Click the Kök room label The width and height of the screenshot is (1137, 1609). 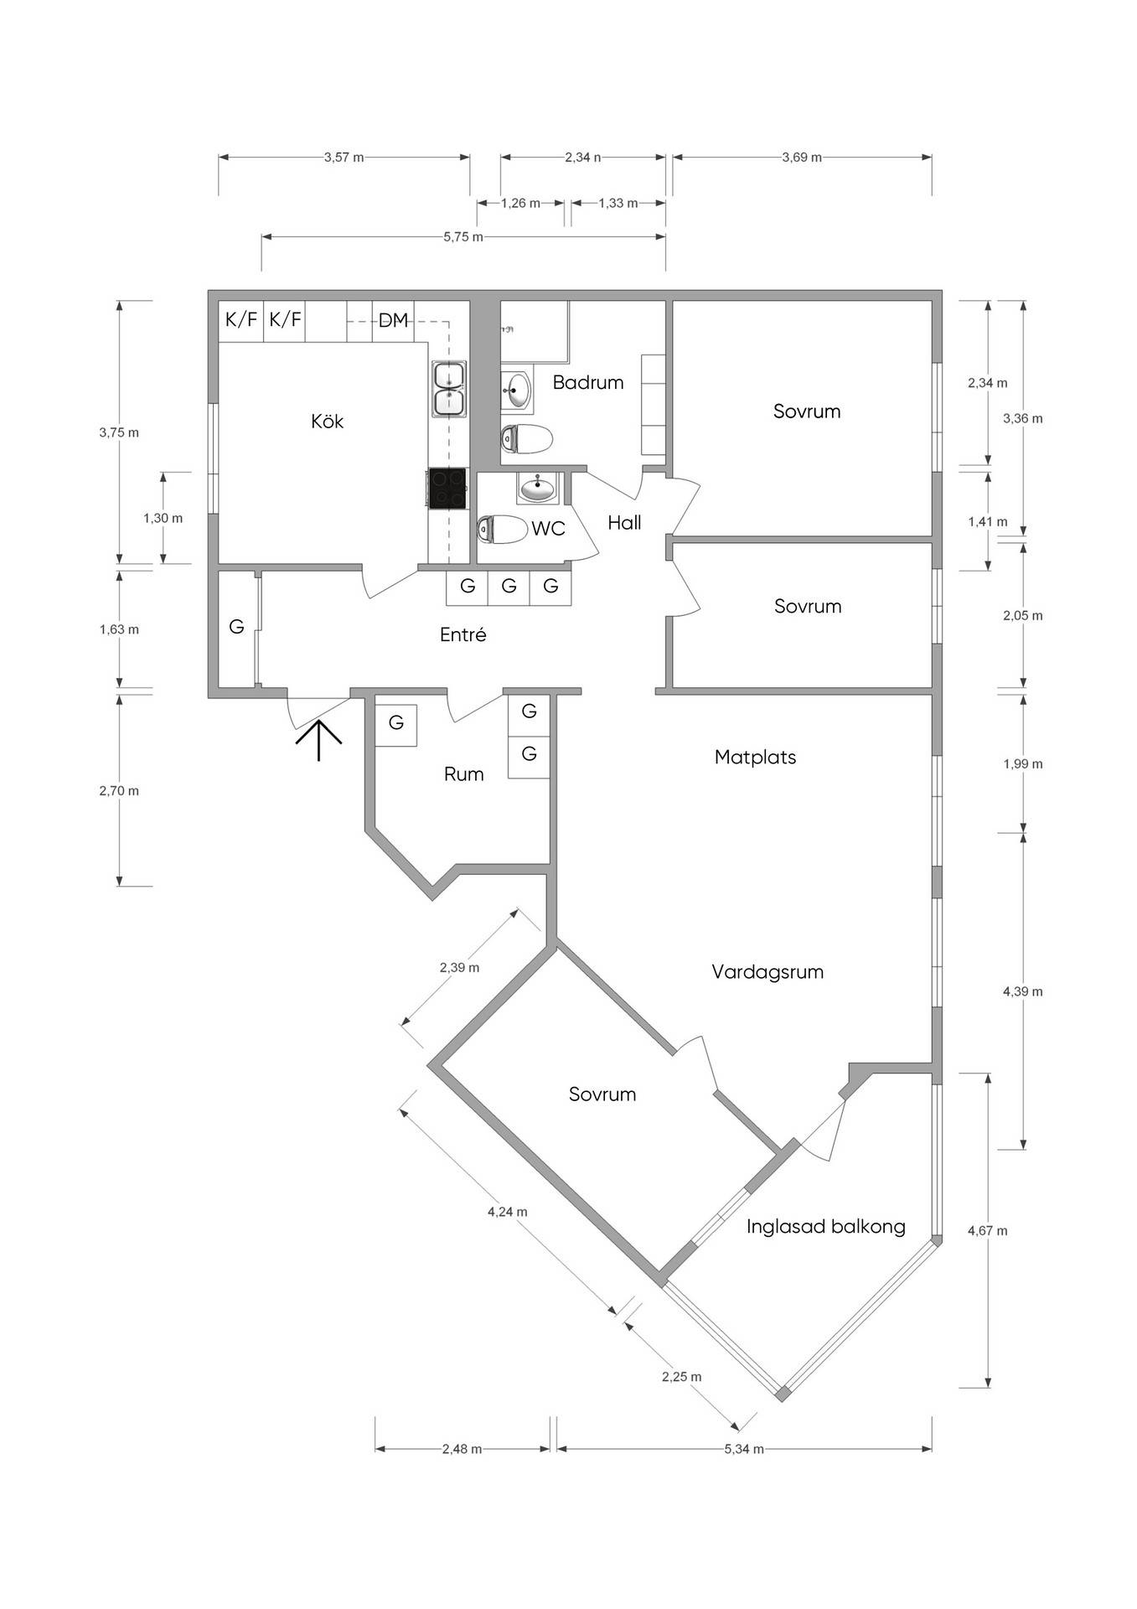point(327,421)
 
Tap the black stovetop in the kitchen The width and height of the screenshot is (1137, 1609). point(447,488)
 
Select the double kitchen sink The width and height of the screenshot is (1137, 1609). point(449,388)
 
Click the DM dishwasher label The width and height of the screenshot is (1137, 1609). point(393,319)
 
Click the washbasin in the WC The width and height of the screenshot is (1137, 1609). point(536,487)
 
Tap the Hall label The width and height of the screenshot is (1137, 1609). point(624,523)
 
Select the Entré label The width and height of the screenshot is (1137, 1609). point(463,634)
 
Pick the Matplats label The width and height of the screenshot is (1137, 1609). point(755,757)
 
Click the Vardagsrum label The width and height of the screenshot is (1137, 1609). point(767,972)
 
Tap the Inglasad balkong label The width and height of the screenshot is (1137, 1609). point(826,1227)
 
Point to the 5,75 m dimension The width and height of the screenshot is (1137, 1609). point(463,237)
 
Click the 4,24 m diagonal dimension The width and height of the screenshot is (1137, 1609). point(508,1212)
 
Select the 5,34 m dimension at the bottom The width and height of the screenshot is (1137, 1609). point(744,1449)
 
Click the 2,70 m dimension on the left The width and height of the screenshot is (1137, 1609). point(119,790)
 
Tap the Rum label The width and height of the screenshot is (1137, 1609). point(463,773)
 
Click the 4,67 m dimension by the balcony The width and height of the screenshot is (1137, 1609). point(988,1231)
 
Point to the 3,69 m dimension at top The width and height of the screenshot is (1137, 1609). point(802,157)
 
